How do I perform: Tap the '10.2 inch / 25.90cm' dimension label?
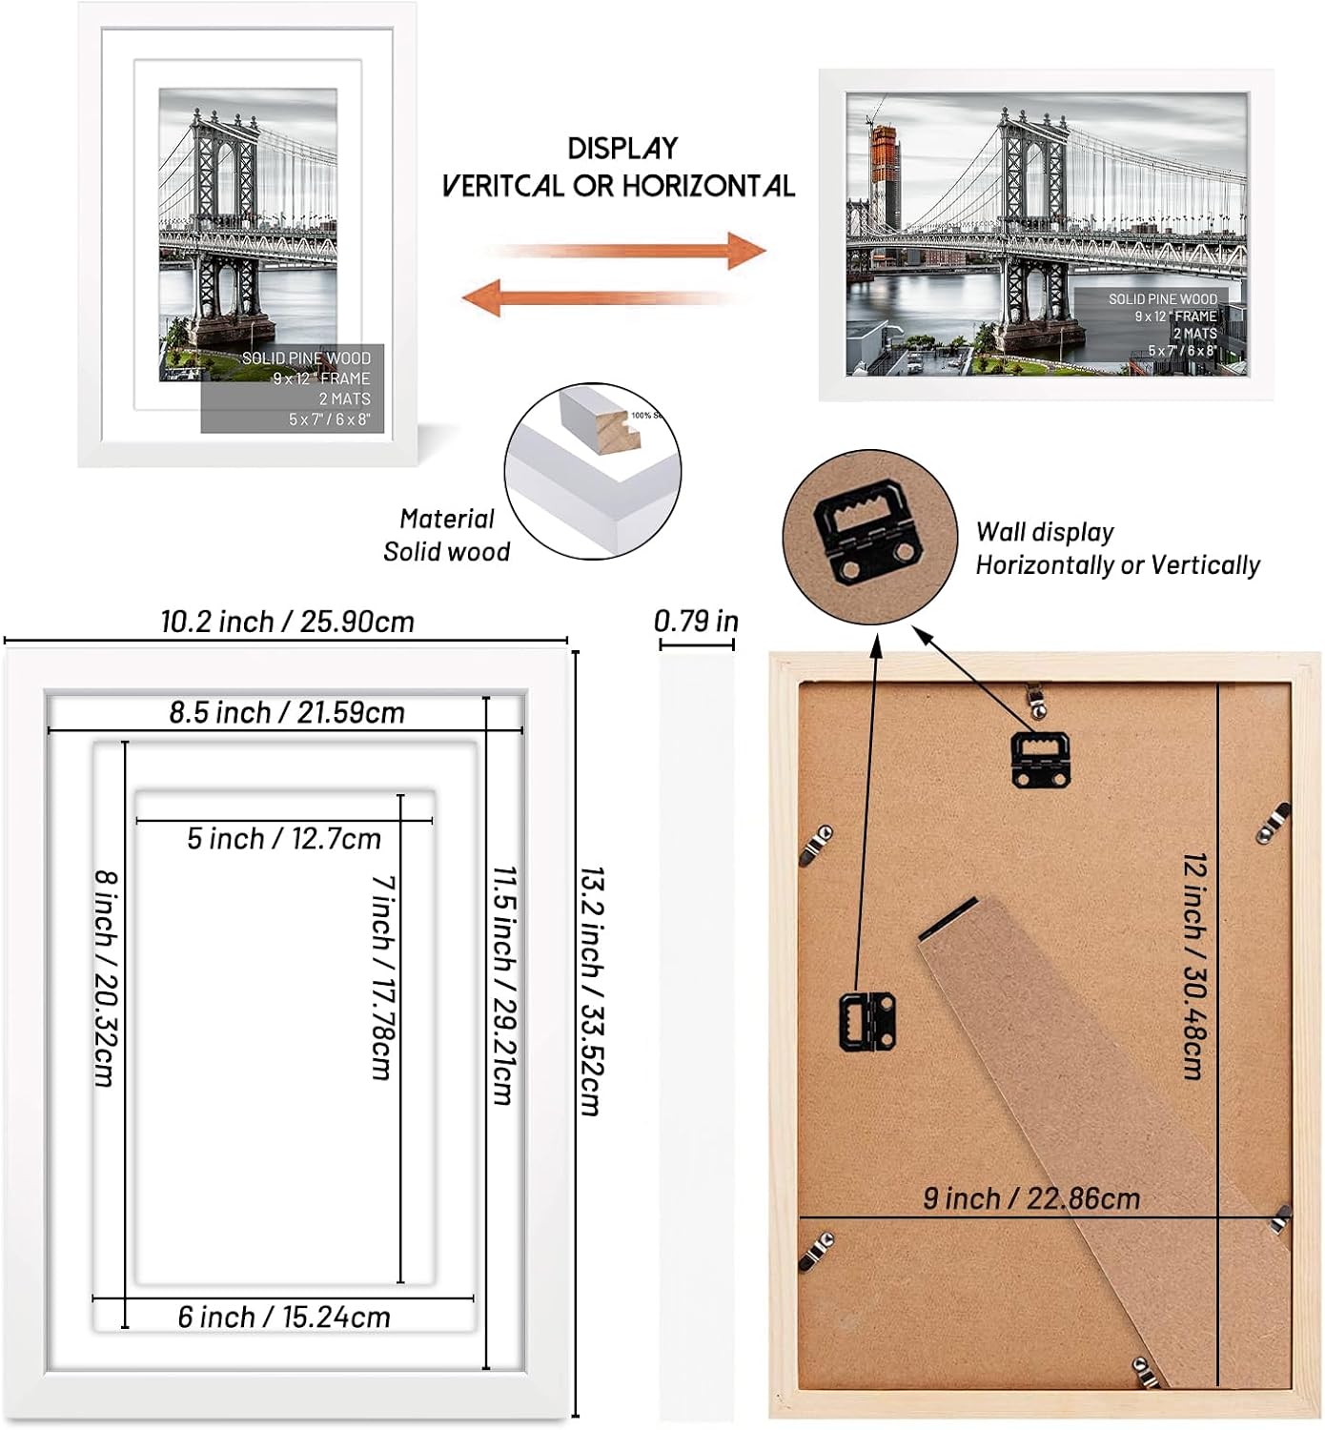coord(287,622)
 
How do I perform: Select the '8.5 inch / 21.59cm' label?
coord(287,712)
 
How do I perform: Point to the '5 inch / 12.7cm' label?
coord(284,839)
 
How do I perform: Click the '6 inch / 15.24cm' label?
coord(284,1317)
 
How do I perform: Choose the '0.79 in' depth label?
coord(696,622)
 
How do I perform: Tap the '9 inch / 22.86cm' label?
coord(1031,1198)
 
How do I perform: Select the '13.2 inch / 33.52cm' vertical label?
coord(592,991)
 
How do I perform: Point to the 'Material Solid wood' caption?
coord(446,535)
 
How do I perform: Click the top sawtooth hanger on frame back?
coord(1039,760)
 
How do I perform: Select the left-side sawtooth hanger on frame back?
coord(866,1021)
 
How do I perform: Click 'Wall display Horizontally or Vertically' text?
coord(1116,548)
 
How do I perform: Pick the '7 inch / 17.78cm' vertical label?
coord(382,977)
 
